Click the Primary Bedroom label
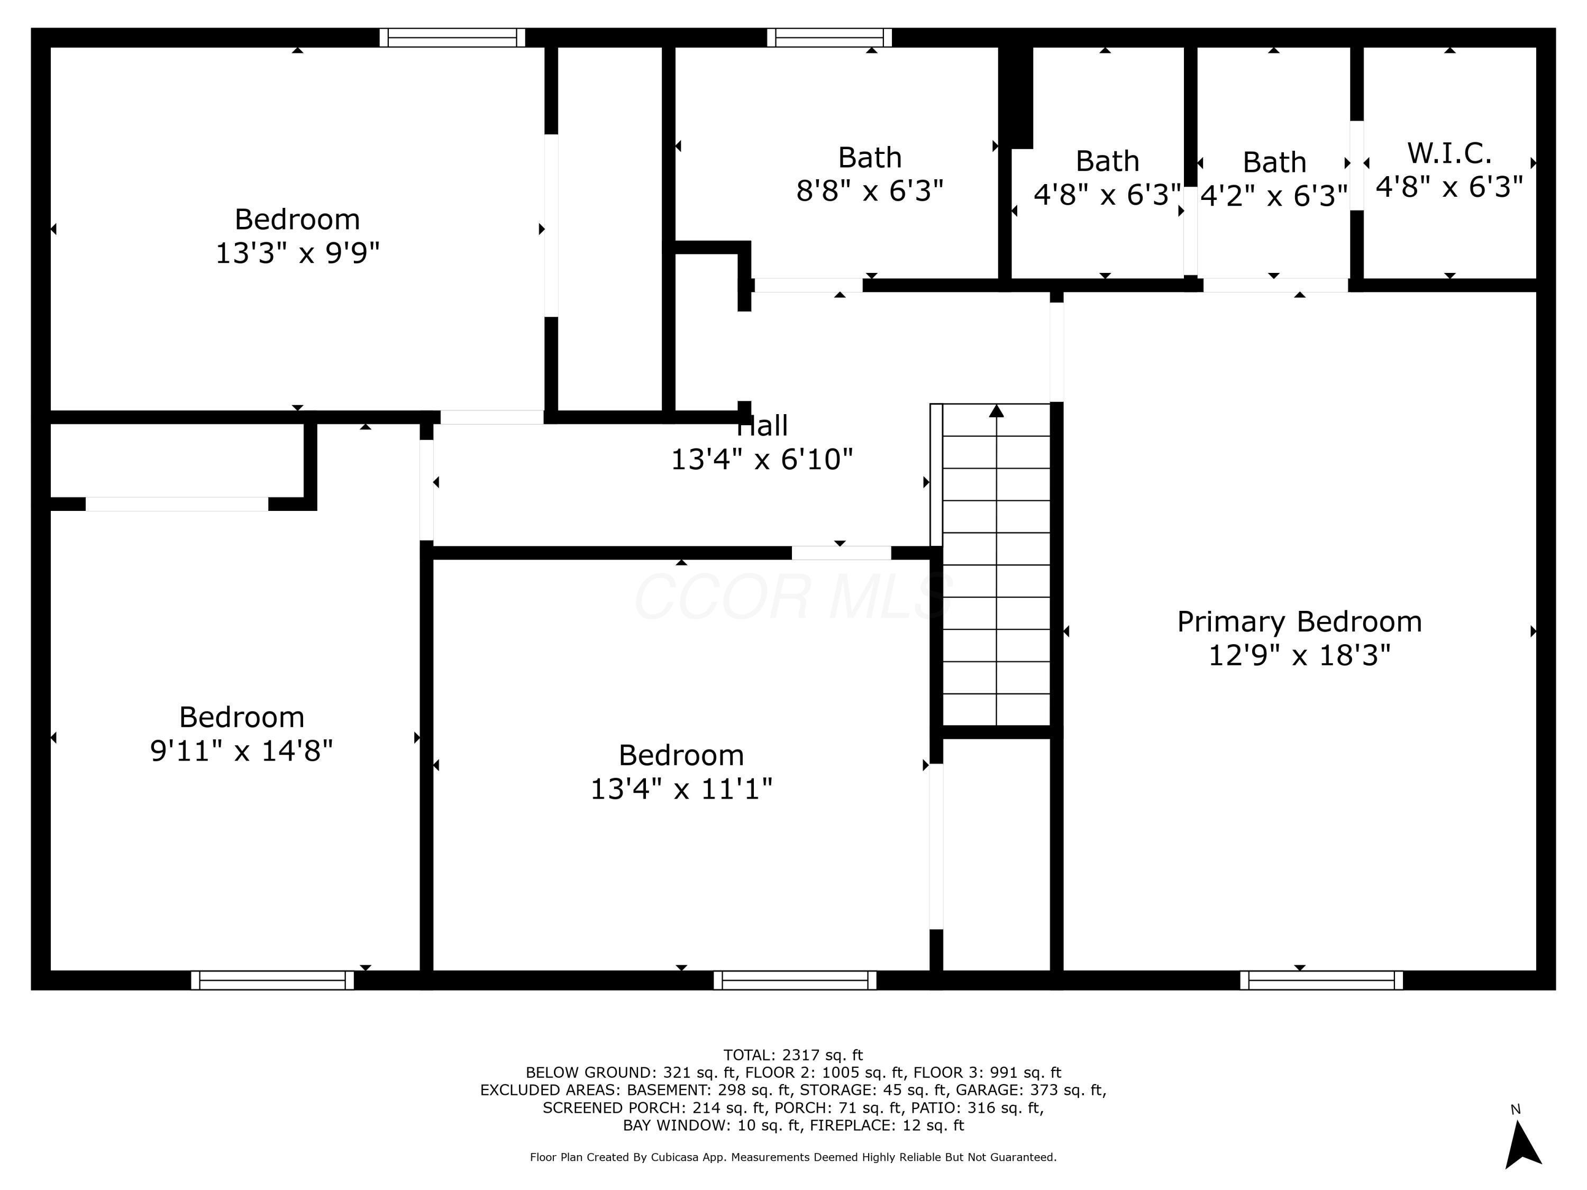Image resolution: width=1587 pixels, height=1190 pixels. (x=1299, y=622)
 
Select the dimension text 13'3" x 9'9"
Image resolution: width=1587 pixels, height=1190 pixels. (x=297, y=252)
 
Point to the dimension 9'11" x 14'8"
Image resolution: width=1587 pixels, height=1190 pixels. (x=241, y=751)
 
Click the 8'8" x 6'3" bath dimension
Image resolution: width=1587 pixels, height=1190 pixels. (x=870, y=191)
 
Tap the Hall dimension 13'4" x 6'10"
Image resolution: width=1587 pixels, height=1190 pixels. (x=761, y=459)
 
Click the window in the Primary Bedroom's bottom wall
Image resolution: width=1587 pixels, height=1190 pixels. (x=1321, y=980)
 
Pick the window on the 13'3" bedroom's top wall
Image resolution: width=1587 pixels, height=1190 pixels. (x=452, y=38)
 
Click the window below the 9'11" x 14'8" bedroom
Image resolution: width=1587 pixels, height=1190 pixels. (x=272, y=980)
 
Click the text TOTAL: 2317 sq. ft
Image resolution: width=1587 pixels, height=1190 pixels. (x=793, y=1055)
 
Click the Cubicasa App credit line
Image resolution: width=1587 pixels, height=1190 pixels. (x=793, y=1157)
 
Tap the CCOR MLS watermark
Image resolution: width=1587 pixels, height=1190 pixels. (x=793, y=597)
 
